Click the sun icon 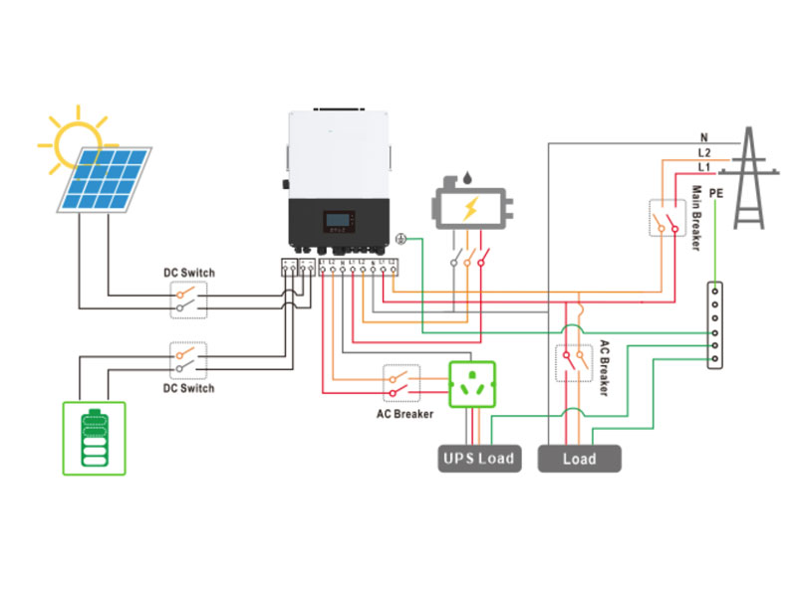(x=76, y=141)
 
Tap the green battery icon (x=95, y=436)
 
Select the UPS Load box (x=479, y=458)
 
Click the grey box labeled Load (x=579, y=458)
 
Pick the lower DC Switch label (x=189, y=388)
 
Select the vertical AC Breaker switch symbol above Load (x=572, y=362)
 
